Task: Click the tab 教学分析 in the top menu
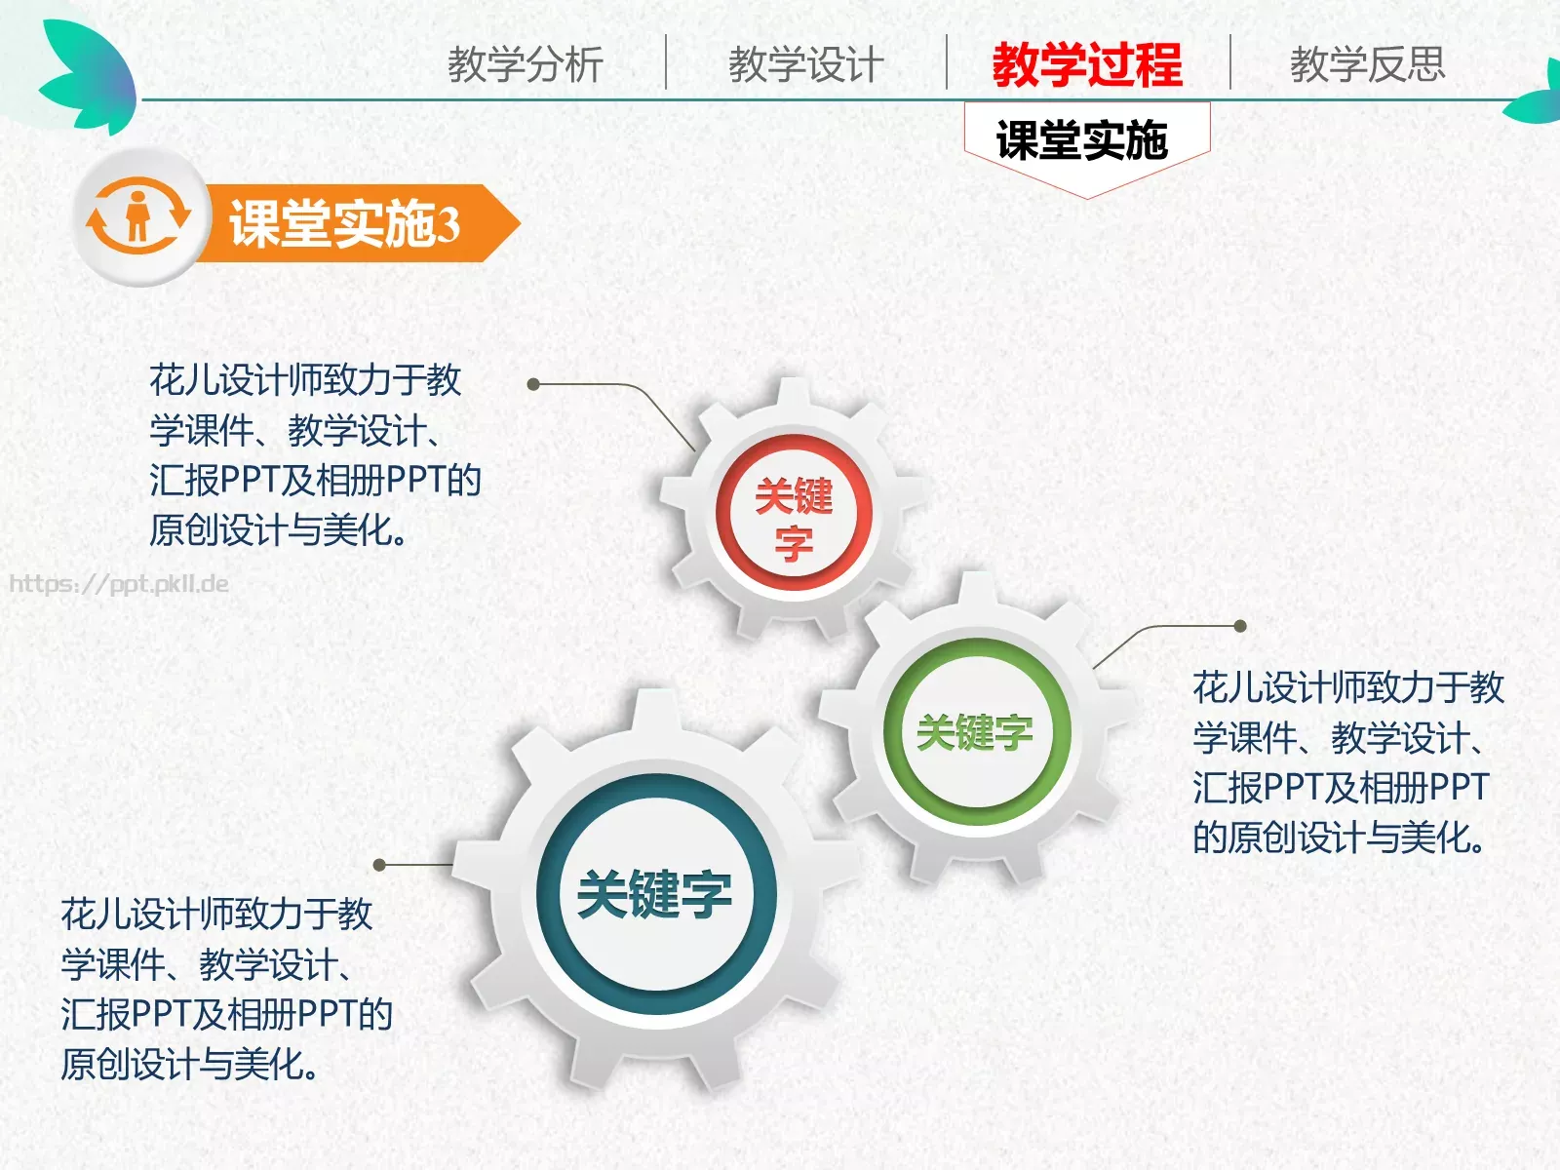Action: tap(526, 64)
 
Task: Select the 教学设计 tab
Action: tap(806, 64)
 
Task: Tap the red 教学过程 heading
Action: tap(1087, 64)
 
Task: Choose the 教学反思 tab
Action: tap(1367, 64)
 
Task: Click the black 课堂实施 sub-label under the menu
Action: tap(1082, 140)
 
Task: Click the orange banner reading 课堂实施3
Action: tap(351, 223)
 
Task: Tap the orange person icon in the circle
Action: tap(137, 216)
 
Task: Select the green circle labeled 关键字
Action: tap(975, 731)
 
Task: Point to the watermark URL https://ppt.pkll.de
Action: tap(119, 584)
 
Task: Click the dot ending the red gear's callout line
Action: tap(533, 384)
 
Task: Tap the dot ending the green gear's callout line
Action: tap(1240, 626)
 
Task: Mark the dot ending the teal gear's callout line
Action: tap(380, 865)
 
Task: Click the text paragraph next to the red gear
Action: tap(314, 454)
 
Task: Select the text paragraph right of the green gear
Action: tap(1347, 761)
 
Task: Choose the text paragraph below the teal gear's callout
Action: tap(226, 989)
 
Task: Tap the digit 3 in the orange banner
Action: tap(448, 224)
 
